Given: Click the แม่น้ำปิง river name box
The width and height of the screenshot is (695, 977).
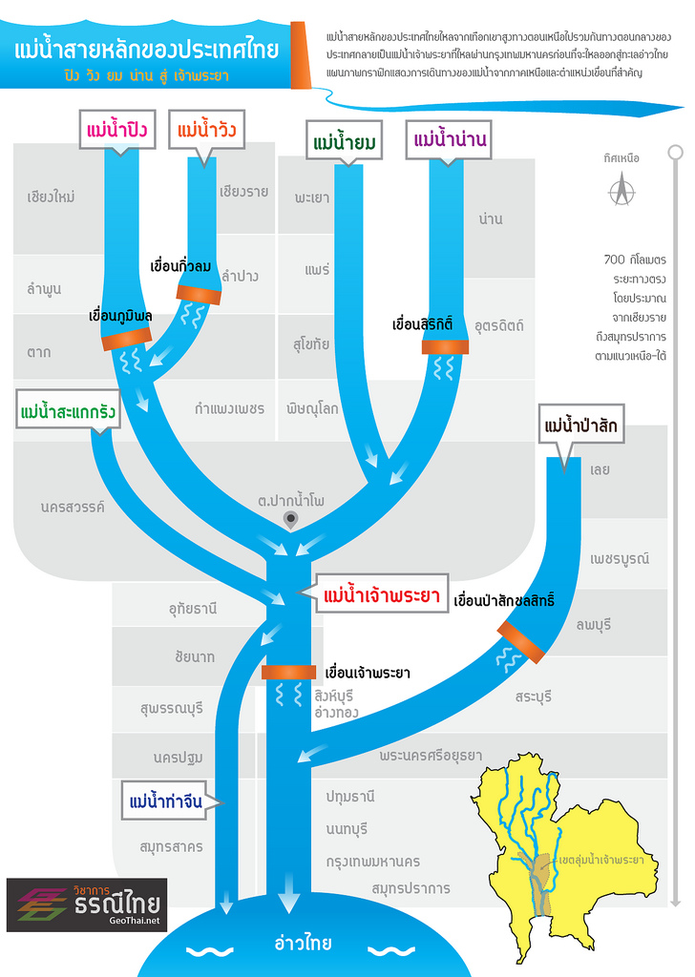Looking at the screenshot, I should (x=116, y=128).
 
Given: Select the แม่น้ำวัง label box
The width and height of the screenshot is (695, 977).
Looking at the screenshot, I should (x=206, y=128).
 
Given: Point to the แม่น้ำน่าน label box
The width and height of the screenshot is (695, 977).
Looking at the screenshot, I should (x=450, y=140).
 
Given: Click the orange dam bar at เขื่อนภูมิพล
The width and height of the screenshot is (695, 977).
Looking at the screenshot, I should (x=127, y=337).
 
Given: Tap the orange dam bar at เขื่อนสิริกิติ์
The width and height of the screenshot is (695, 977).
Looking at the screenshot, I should (x=445, y=347).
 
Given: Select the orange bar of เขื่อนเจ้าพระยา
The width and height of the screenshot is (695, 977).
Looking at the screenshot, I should (x=288, y=673).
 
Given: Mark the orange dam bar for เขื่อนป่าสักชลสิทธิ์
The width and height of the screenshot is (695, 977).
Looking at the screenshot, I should (x=520, y=642).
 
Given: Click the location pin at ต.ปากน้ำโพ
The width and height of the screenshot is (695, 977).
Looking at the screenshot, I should (x=291, y=519).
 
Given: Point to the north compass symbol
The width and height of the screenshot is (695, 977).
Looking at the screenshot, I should (x=622, y=190).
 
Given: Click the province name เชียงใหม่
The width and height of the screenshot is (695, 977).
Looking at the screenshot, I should (x=52, y=197).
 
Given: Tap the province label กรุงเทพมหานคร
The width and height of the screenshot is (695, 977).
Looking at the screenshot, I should (x=372, y=861).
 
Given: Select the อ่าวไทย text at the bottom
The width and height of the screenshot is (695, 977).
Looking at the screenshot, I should (x=303, y=944).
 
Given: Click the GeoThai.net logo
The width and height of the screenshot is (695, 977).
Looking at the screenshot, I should (x=87, y=904).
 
